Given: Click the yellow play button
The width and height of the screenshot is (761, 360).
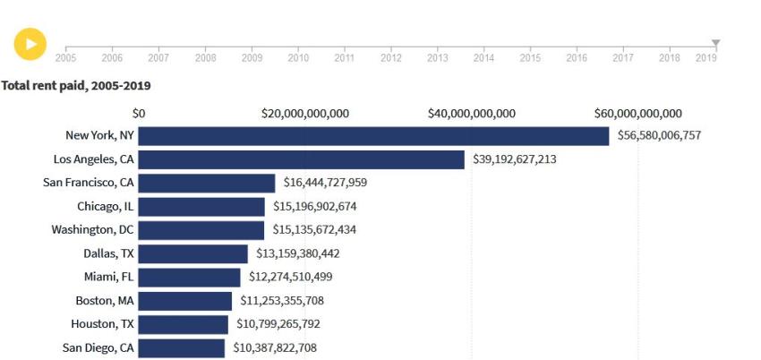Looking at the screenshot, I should tap(30, 44).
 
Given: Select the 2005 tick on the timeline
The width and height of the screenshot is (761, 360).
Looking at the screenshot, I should tap(65, 57).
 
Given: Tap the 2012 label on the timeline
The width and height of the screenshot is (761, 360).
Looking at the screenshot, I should tap(390, 58).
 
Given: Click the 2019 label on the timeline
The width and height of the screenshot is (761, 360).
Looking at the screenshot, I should tap(705, 58).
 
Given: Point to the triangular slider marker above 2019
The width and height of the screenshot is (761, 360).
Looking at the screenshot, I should tap(715, 43).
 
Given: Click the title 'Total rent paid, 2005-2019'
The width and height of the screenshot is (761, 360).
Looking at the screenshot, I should tap(76, 85).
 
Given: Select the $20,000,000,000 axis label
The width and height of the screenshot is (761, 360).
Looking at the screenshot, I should tap(304, 114).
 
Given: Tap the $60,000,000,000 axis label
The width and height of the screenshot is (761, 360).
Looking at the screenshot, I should tap(637, 114).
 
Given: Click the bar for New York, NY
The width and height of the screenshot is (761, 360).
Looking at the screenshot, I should tap(373, 135).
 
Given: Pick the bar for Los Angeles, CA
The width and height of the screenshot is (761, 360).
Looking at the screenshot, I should tap(301, 159).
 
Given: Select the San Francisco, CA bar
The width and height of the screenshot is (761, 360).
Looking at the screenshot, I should tap(207, 183).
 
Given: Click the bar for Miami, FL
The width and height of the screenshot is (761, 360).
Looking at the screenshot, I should tap(189, 277).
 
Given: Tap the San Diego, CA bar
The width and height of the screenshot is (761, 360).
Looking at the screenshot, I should tap(182, 347).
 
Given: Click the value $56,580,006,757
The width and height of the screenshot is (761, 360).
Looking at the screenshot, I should tap(659, 135).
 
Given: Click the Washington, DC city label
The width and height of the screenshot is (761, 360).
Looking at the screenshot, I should tap(92, 229).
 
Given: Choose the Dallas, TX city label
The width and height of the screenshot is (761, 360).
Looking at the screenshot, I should tap(108, 253).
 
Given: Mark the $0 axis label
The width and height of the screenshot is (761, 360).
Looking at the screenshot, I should tap(139, 114).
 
